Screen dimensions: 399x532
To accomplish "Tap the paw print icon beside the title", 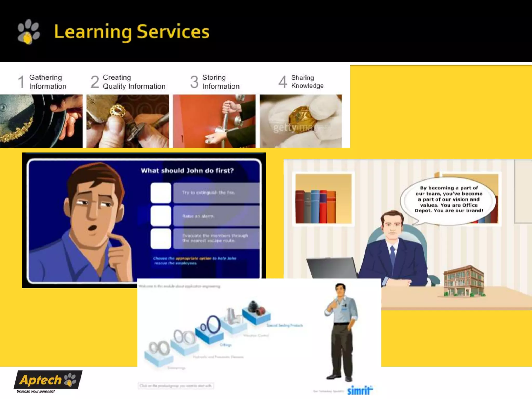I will tap(28, 32).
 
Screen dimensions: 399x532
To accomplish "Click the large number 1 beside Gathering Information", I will tap(21, 82).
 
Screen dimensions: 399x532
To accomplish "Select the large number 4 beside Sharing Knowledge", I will tap(283, 82).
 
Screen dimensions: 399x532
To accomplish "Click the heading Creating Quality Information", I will tap(134, 82).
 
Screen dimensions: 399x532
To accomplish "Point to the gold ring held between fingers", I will tap(117, 112).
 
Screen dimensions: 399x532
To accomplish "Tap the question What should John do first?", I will tap(187, 171).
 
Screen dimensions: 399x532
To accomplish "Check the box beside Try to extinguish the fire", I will tap(161, 193).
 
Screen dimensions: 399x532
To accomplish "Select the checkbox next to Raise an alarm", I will tap(161, 216).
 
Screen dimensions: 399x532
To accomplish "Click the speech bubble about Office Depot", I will tap(449, 199).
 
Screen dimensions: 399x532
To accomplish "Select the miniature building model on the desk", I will tap(464, 282).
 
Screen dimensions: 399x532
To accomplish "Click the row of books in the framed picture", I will tap(316, 207).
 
